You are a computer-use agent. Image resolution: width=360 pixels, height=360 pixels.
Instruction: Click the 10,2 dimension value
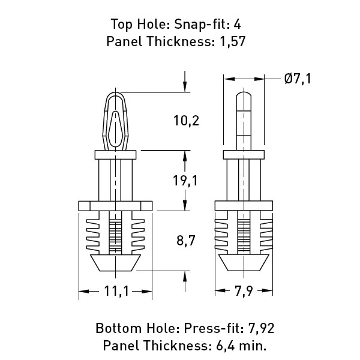coord(186,121)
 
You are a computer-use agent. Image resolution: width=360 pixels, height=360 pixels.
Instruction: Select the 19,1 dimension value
coord(185,181)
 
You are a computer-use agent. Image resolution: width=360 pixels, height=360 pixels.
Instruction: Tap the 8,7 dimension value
coord(186,241)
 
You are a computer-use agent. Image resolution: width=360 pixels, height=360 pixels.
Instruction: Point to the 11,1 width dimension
coord(116,291)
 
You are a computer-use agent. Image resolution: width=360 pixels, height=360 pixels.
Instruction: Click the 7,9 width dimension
coord(244,291)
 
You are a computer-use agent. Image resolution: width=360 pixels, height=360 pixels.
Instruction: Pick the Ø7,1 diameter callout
coord(298,79)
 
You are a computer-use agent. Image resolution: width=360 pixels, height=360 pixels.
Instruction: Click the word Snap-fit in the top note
coord(200,25)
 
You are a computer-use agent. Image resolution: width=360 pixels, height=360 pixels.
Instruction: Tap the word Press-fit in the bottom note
coord(214,328)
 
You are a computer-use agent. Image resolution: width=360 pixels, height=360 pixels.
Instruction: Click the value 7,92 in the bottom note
coord(261,328)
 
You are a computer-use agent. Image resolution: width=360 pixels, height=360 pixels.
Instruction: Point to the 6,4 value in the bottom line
coord(226,346)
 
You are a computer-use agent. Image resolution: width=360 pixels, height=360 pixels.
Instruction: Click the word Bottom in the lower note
coord(118,328)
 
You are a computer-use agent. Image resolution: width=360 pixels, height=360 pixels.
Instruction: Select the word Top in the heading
coord(122,25)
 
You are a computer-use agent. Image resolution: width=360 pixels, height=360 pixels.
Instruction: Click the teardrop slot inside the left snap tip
coord(115,129)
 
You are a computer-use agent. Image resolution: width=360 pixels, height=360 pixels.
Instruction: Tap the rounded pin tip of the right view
coord(244,95)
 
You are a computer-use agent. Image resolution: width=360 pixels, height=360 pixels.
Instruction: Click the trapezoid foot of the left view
coord(115,263)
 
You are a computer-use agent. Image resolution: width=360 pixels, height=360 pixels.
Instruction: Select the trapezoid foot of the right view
coord(244,263)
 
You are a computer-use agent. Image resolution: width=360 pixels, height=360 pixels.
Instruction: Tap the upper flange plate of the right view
coord(244,155)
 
